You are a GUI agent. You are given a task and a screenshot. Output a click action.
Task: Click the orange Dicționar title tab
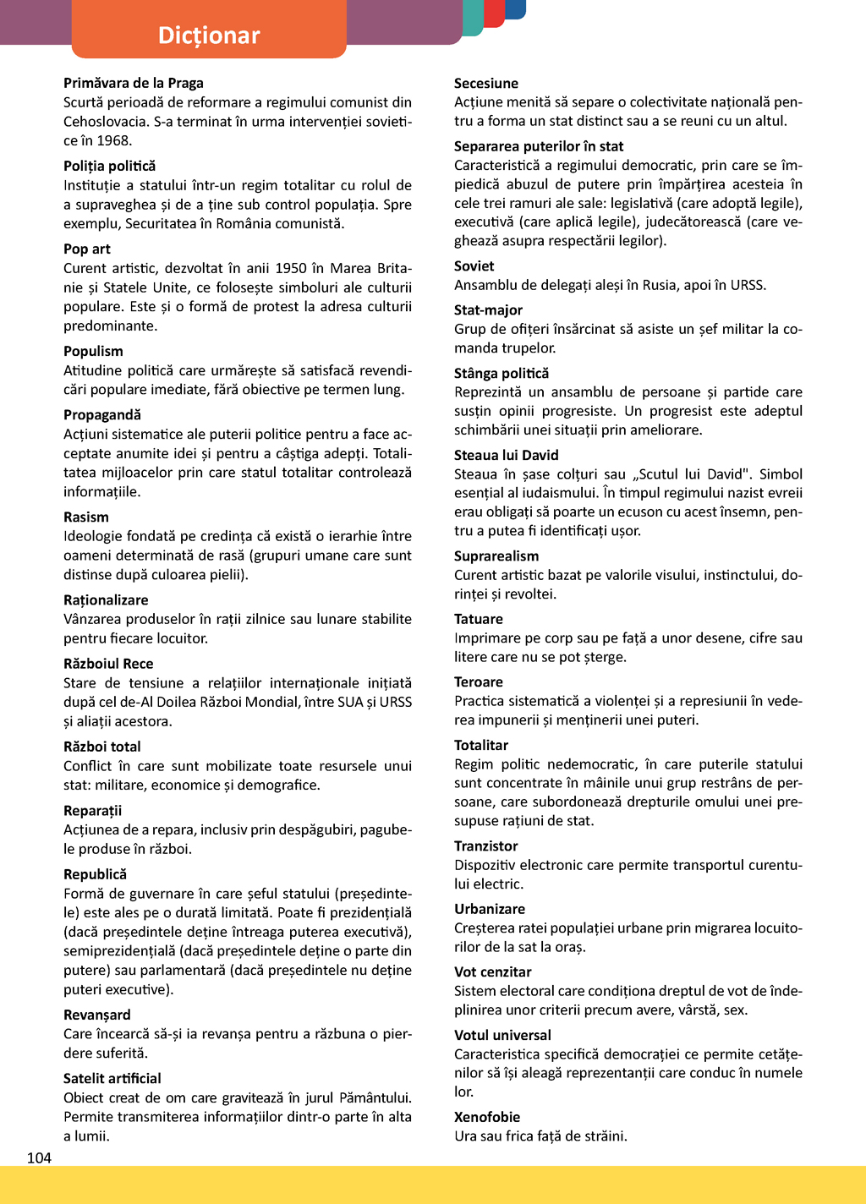tap(209, 34)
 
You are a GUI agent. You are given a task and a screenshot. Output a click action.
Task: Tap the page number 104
tap(39, 1157)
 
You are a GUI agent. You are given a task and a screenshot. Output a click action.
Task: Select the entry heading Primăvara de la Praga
tap(134, 83)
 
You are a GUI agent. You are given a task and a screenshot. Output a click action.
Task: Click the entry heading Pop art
tap(87, 249)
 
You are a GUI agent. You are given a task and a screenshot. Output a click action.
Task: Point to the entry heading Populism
tap(93, 351)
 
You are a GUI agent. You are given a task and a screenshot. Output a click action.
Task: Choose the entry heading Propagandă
tap(102, 414)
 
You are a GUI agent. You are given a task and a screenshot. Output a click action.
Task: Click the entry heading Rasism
tap(86, 517)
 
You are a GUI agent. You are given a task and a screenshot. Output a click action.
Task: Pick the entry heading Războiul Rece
tap(108, 664)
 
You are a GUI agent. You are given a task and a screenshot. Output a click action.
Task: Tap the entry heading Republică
tap(95, 874)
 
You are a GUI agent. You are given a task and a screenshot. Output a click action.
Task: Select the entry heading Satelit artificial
tap(112, 1078)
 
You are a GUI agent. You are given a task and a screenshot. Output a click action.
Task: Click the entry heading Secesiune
tap(486, 83)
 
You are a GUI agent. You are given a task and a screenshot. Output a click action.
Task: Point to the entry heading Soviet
tap(474, 265)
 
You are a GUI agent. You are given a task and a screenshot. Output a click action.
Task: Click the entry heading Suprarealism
tap(496, 555)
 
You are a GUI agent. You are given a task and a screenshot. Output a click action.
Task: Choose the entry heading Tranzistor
tap(486, 846)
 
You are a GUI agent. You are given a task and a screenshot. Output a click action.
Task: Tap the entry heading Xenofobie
tap(487, 1117)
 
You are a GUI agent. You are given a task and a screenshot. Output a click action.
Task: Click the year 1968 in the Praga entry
tap(113, 140)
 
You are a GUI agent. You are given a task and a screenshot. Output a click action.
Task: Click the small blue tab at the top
tap(515, 8)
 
